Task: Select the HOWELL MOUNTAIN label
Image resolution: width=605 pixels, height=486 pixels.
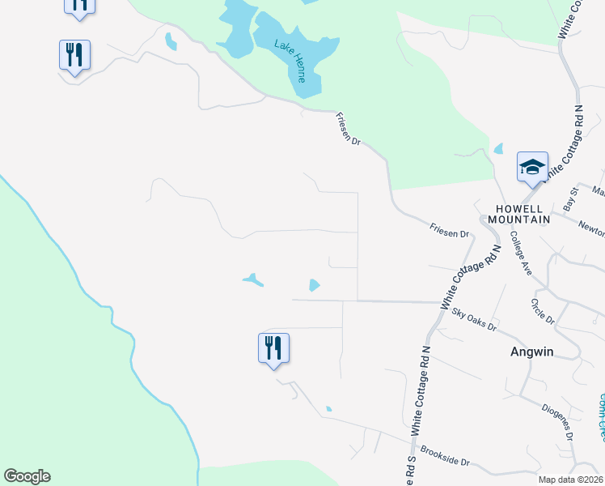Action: click(x=518, y=212)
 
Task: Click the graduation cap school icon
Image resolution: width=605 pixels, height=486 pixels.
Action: click(x=532, y=168)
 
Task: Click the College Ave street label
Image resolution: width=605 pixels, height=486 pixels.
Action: click(x=520, y=254)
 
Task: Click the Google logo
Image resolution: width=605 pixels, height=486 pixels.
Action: click(x=27, y=476)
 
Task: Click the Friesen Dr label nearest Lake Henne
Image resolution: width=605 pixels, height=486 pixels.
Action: click(x=349, y=129)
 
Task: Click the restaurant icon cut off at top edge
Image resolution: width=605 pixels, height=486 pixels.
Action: click(x=79, y=5)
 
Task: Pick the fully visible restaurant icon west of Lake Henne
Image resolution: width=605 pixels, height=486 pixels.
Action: click(x=74, y=55)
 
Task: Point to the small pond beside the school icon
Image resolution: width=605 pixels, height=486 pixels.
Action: click(x=498, y=149)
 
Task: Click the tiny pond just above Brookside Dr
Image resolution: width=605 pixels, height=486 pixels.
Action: click(x=328, y=408)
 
